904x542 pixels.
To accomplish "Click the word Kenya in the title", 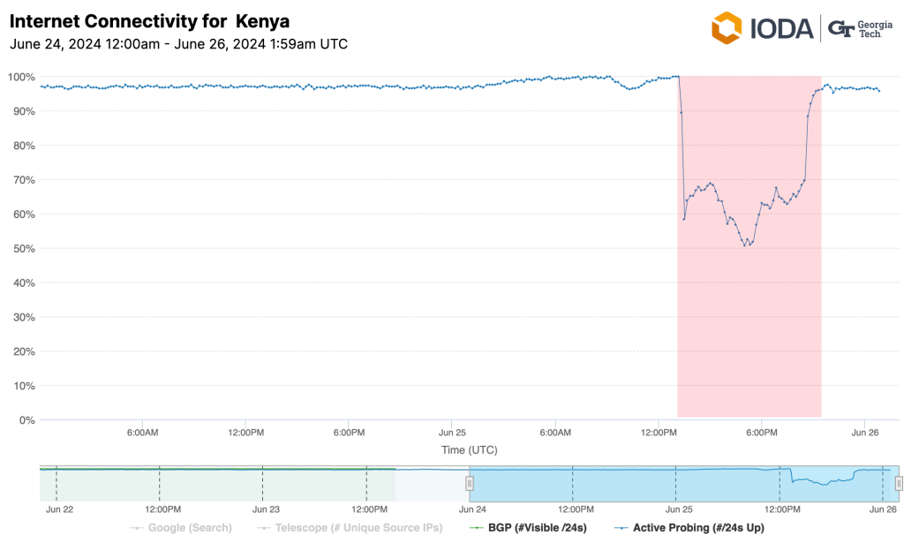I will click(x=263, y=20).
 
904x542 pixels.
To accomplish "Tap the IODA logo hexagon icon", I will click(x=727, y=28).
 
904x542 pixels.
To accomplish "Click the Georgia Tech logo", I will click(x=860, y=28).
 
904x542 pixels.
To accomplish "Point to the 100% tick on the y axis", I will click(x=20, y=77).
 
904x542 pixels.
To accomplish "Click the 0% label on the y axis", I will click(x=26, y=420).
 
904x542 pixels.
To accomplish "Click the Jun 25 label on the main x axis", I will click(x=451, y=433).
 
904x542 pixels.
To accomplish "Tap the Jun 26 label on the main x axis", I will click(x=863, y=433).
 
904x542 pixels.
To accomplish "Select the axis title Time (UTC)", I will click(x=469, y=450).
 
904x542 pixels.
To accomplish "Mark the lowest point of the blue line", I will click(x=746, y=245).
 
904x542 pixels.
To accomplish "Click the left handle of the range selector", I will click(x=470, y=483).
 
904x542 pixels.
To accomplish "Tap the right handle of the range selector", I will click(x=899, y=483).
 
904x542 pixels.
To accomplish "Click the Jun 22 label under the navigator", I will click(x=59, y=509).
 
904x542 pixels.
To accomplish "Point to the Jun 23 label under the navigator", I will click(x=266, y=509).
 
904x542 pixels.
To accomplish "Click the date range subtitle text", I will click(x=177, y=43).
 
